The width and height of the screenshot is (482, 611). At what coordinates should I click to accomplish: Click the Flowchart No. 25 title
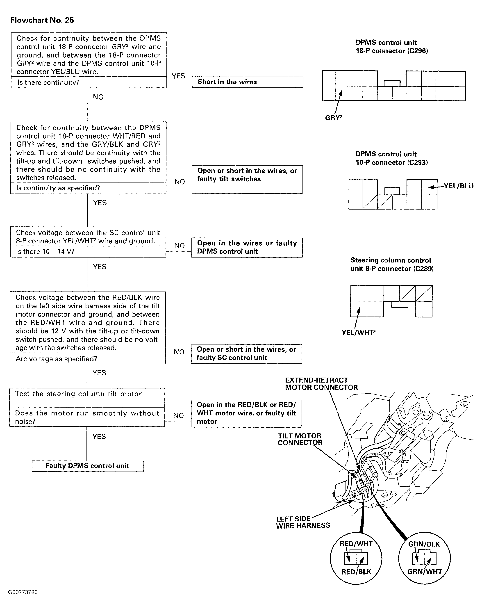click(x=42, y=20)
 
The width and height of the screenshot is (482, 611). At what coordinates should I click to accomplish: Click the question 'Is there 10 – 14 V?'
click(x=45, y=251)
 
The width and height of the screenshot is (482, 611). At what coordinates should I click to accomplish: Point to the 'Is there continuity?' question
click(x=49, y=82)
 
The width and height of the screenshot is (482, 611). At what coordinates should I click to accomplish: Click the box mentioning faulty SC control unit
click(x=246, y=354)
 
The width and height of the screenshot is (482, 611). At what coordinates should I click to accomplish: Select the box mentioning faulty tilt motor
click(x=246, y=413)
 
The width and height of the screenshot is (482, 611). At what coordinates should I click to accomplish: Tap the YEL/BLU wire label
click(x=458, y=186)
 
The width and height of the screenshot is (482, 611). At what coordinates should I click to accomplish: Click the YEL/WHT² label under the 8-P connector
click(x=358, y=333)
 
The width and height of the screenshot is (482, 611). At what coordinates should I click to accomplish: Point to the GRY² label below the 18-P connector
click(x=334, y=118)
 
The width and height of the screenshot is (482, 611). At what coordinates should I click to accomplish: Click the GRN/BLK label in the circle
click(x=424, y=544)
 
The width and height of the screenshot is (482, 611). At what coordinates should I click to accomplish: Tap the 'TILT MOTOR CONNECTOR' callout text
click(x=300, y=439)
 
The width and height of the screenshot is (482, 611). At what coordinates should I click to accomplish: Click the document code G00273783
click(x=23, y=592)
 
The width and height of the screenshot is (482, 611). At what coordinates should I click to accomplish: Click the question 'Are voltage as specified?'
click(x=57, y=359)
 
